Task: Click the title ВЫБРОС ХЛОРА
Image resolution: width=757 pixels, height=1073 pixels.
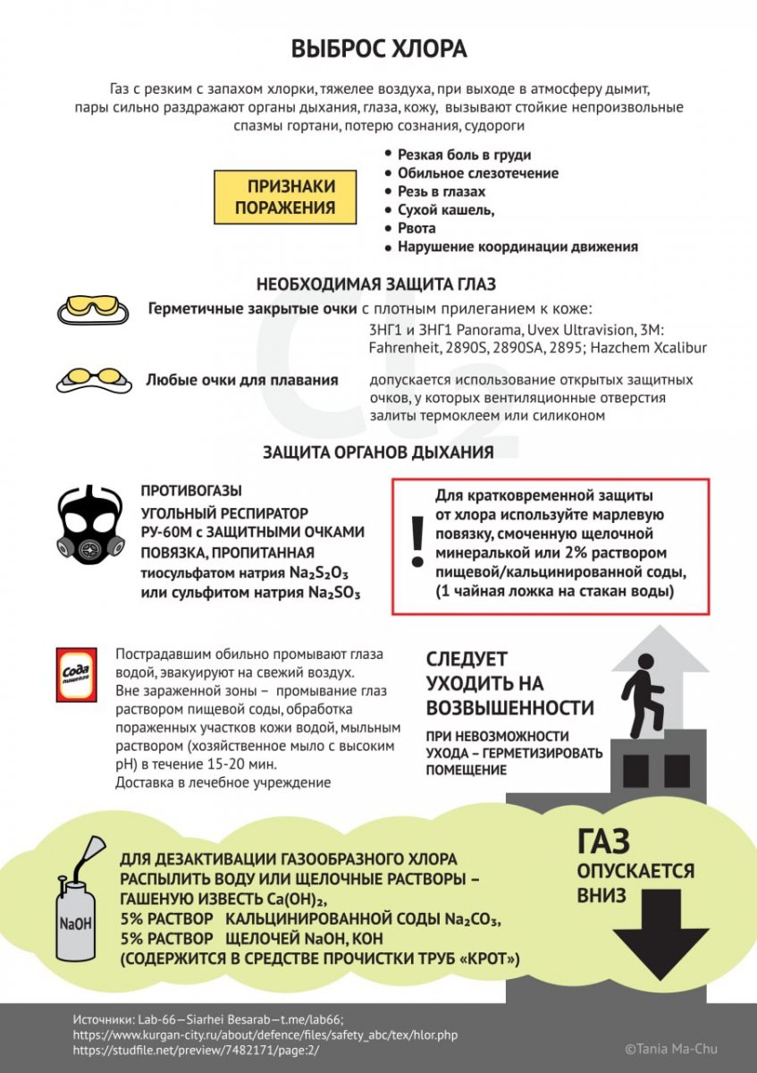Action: pos(378,49)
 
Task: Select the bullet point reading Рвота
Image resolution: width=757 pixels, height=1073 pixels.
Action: pos(416,228)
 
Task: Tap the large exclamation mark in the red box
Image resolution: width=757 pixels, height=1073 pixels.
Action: pos(416,541)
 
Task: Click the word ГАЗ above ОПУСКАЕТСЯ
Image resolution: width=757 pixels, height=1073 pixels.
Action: pos(603,841)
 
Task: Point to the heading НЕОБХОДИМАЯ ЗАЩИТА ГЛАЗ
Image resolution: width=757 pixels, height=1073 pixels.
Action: pos(377,285)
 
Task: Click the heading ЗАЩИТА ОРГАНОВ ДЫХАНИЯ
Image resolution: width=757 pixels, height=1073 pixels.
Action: pos(377,452)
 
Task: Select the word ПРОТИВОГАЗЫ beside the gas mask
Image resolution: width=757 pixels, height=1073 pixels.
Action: pos(191,491)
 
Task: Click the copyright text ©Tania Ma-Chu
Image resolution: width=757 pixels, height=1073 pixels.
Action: pos(670,1049)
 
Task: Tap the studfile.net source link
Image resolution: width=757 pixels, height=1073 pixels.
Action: pos(195,1050)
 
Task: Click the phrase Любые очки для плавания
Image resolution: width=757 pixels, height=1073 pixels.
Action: pos(242,380)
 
